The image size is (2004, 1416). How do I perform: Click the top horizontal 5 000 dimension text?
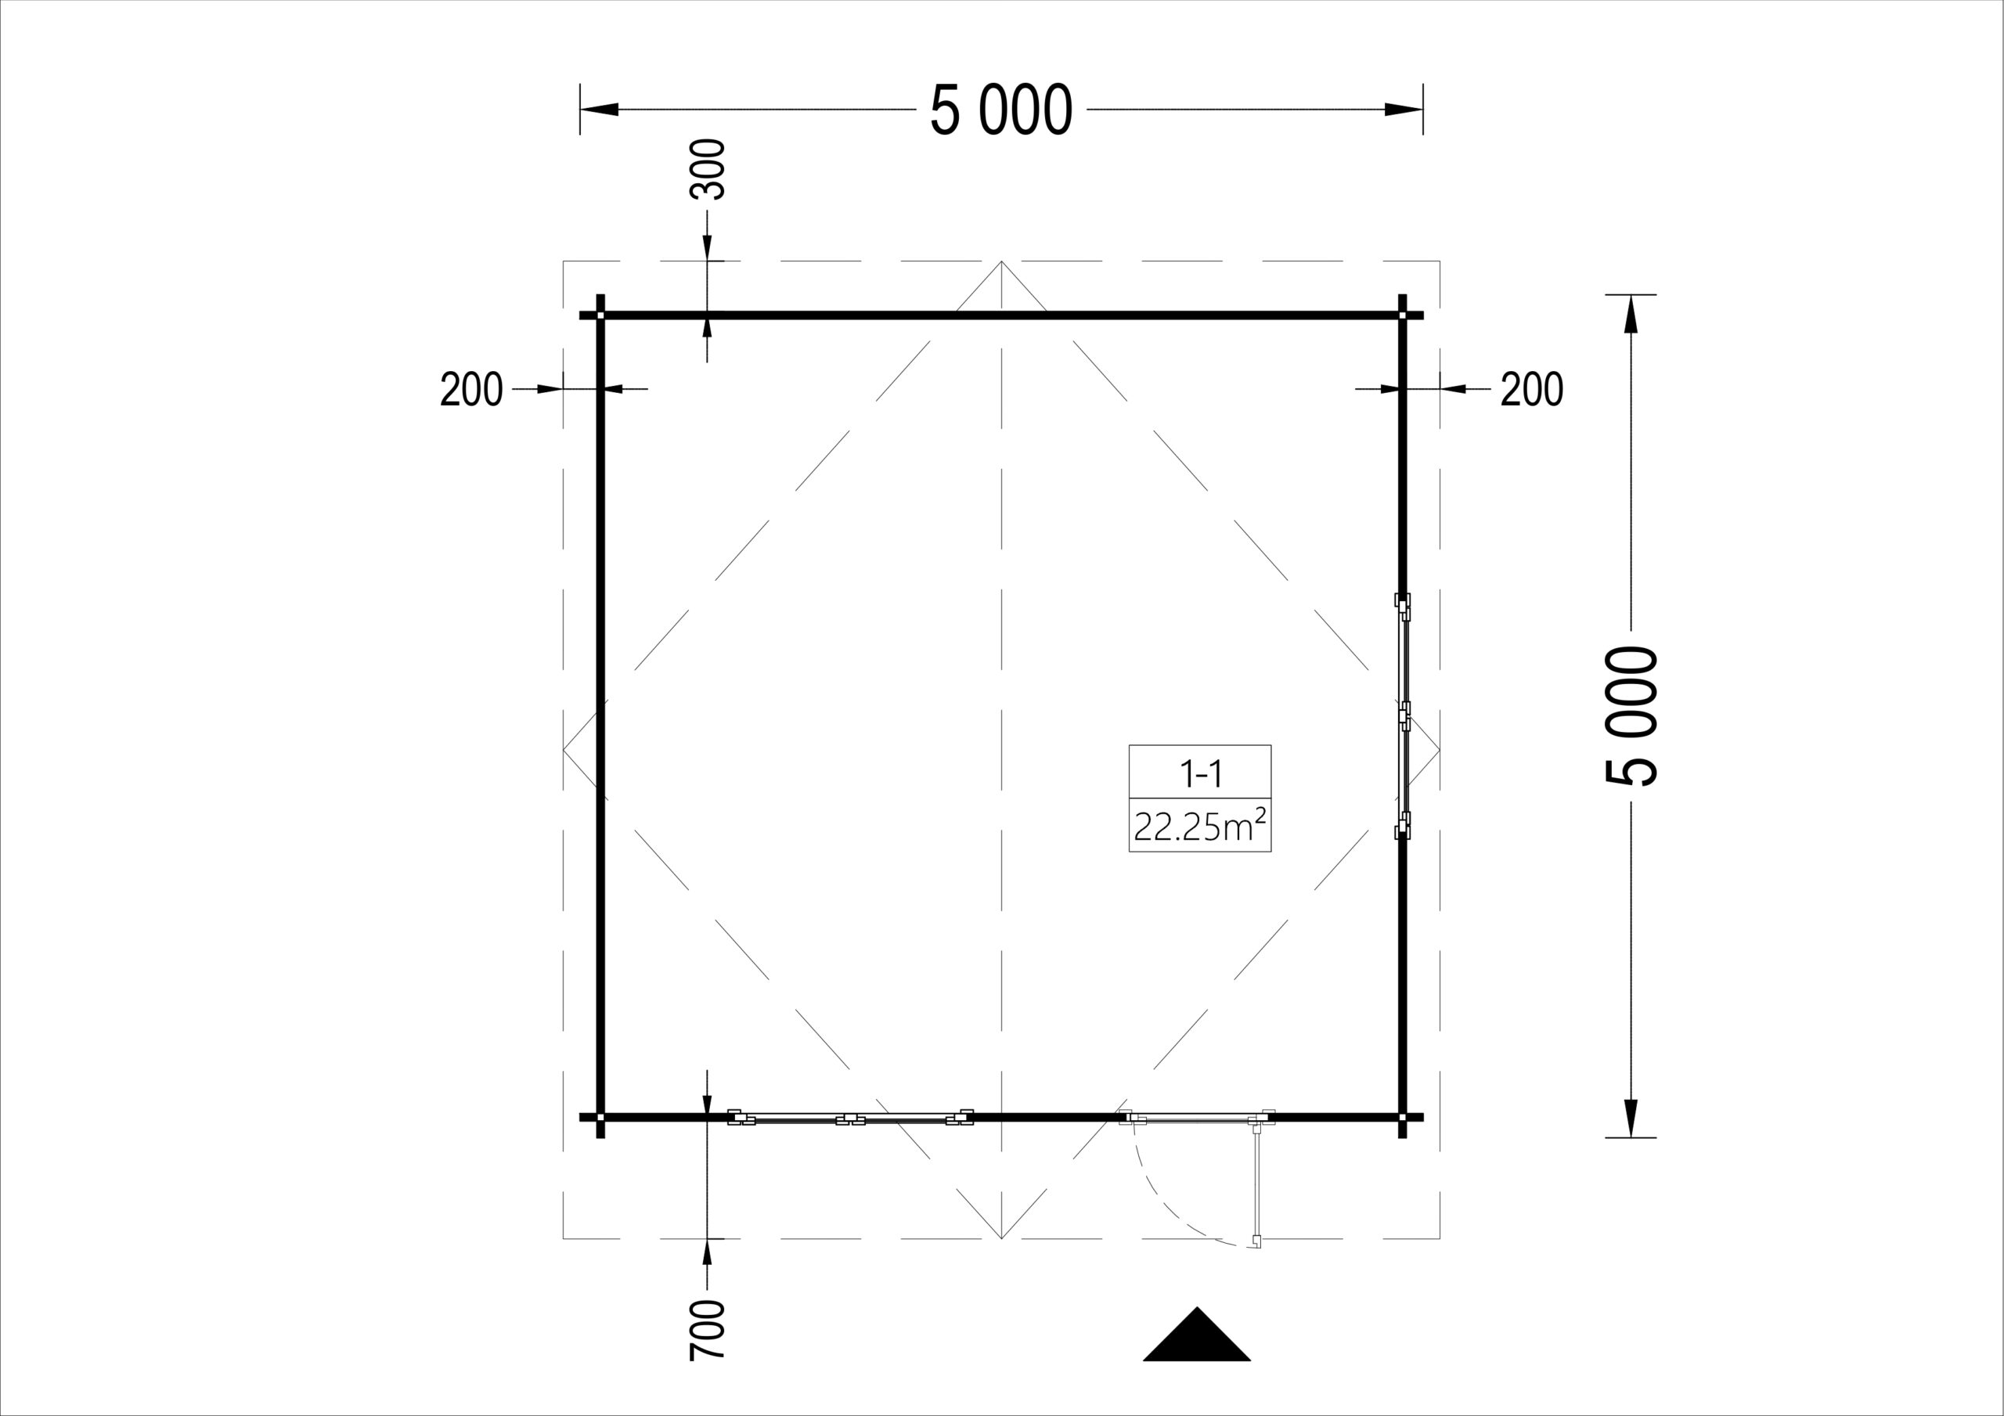(1001, 110)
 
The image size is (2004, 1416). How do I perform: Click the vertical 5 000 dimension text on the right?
(1631, 716)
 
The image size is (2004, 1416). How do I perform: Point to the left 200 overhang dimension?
(471, 389)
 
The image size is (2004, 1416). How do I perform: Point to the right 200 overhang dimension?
(1532, 389)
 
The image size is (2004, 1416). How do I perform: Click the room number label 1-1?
(1200, 773)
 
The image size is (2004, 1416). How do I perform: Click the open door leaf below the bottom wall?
(1258, 1184)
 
